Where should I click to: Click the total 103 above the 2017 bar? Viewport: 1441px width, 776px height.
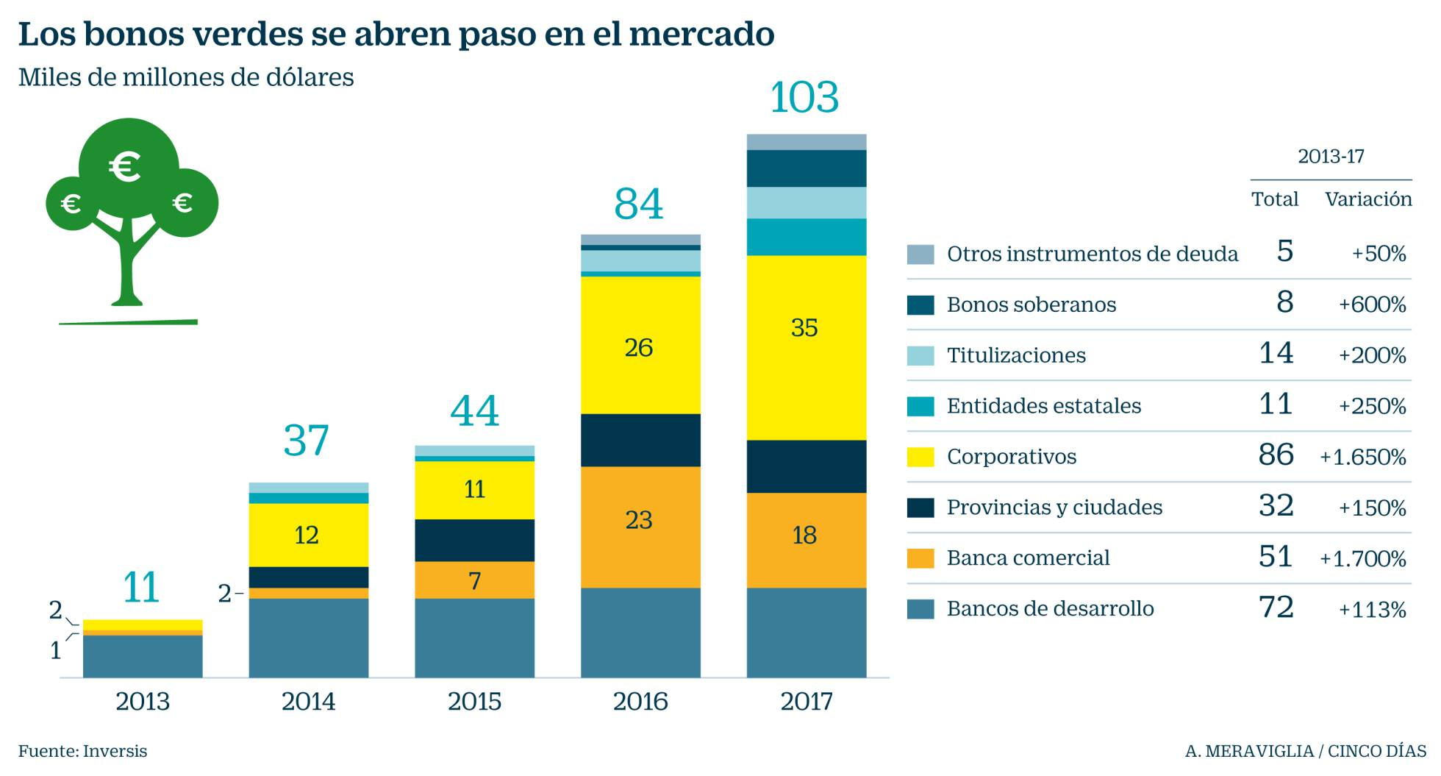point(804,98)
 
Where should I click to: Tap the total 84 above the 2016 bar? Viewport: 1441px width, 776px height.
point(638,204)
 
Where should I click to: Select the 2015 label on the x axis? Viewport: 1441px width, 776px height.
point(474,701)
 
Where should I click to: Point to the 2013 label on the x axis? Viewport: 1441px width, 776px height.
point(143,701)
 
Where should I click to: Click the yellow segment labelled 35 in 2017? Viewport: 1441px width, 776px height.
point(806,347)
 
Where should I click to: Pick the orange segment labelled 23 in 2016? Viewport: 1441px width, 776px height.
point(640,527)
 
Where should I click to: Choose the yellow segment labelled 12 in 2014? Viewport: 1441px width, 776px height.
point(308,535)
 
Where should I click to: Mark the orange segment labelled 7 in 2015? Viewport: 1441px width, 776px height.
point(474,580)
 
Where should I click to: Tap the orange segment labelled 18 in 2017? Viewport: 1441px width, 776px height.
point(806,540)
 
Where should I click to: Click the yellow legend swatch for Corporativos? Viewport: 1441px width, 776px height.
point(920,457)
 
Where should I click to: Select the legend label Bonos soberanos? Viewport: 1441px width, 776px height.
point(1031,305)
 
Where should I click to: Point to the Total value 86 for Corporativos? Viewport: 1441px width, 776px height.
point(1276,455)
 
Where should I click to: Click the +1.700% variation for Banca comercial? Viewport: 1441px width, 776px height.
point(1362,559)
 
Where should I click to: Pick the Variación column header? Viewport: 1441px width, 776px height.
point(1368,199)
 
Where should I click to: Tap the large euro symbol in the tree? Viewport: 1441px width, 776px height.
point(125,166)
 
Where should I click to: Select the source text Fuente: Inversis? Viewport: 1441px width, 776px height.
point(82,751)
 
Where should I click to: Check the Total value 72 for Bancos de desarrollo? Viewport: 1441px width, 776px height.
point(1276,608)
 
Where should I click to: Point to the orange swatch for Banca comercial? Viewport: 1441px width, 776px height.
point(920,558)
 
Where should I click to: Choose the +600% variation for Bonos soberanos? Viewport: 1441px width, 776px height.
point(1372,305)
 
